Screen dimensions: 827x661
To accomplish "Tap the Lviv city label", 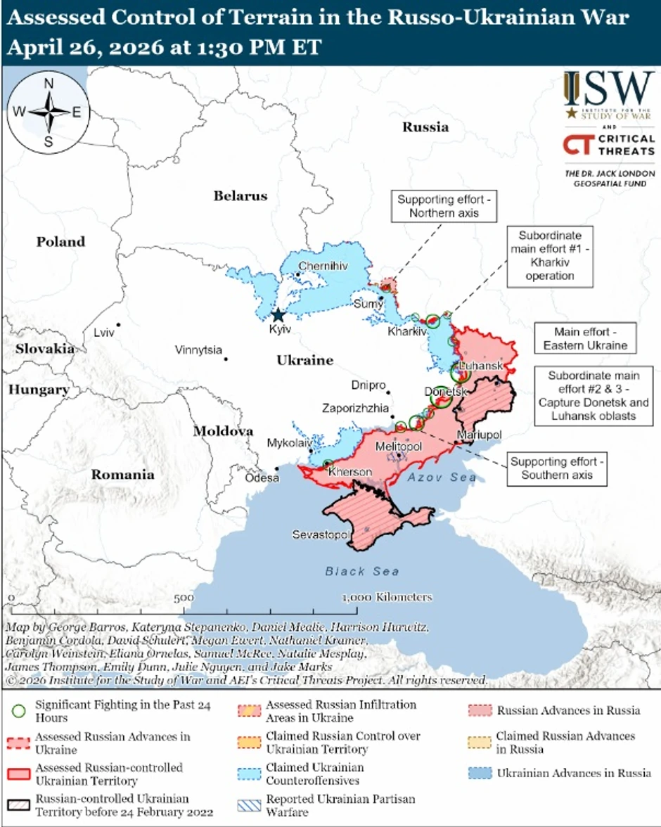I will point(104,333).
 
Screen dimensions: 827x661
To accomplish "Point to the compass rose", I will point(49,113).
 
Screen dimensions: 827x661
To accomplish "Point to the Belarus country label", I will point(241,195).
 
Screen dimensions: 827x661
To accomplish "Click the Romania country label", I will point(122,475).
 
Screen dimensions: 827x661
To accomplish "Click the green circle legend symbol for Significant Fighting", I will point(20,710).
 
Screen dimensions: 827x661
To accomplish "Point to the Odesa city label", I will point(262,478).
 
